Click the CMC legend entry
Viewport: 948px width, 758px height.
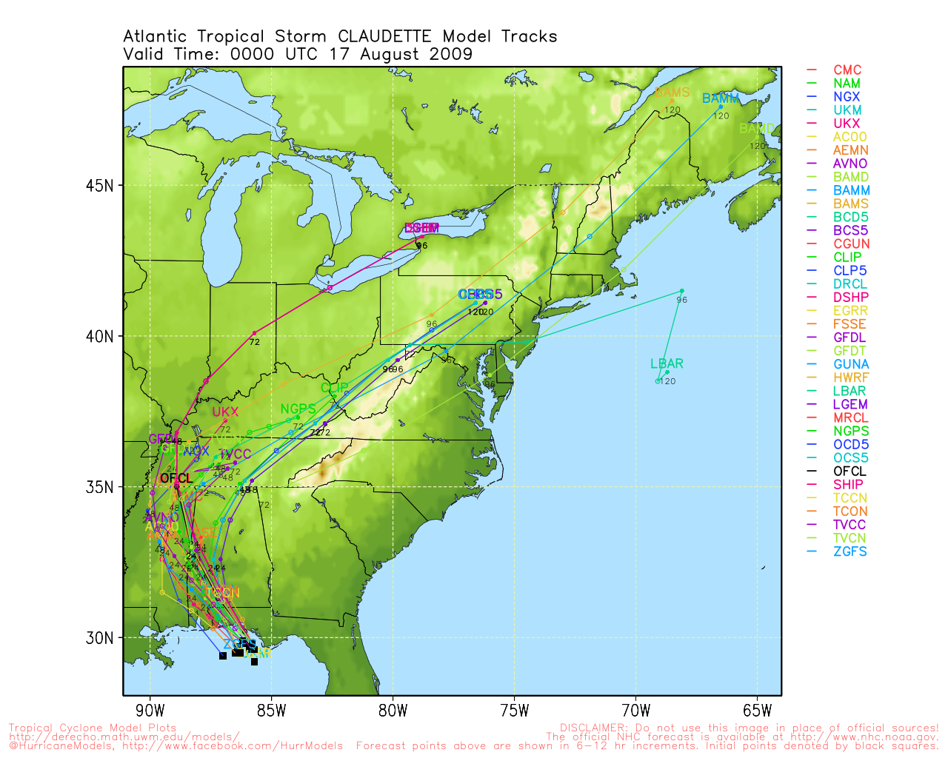[847, 70]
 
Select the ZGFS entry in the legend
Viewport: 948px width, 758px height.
[849, 551]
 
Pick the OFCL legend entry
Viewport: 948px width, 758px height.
[849, 472]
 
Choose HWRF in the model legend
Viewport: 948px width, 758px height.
[850, 378]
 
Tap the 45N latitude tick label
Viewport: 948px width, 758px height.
[99, 185]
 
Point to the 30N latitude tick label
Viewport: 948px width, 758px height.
[99, 638]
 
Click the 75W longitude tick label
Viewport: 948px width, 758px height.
[514, 711]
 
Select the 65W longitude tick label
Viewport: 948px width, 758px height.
[757, 711]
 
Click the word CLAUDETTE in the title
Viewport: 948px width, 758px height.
[385, 36]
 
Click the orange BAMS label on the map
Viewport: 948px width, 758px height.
[672, 93]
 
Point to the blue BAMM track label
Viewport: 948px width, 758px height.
[720, 98]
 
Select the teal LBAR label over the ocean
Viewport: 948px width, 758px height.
[667, 363]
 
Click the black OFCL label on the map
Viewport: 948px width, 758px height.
[176, 478]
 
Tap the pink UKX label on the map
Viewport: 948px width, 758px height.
[225, 412]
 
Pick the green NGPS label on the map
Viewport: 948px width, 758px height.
[298, 409]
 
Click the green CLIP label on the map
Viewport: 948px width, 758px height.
[334, 388]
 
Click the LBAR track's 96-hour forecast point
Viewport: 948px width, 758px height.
[681, 291]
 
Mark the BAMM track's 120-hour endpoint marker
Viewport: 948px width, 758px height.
[721, 107]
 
